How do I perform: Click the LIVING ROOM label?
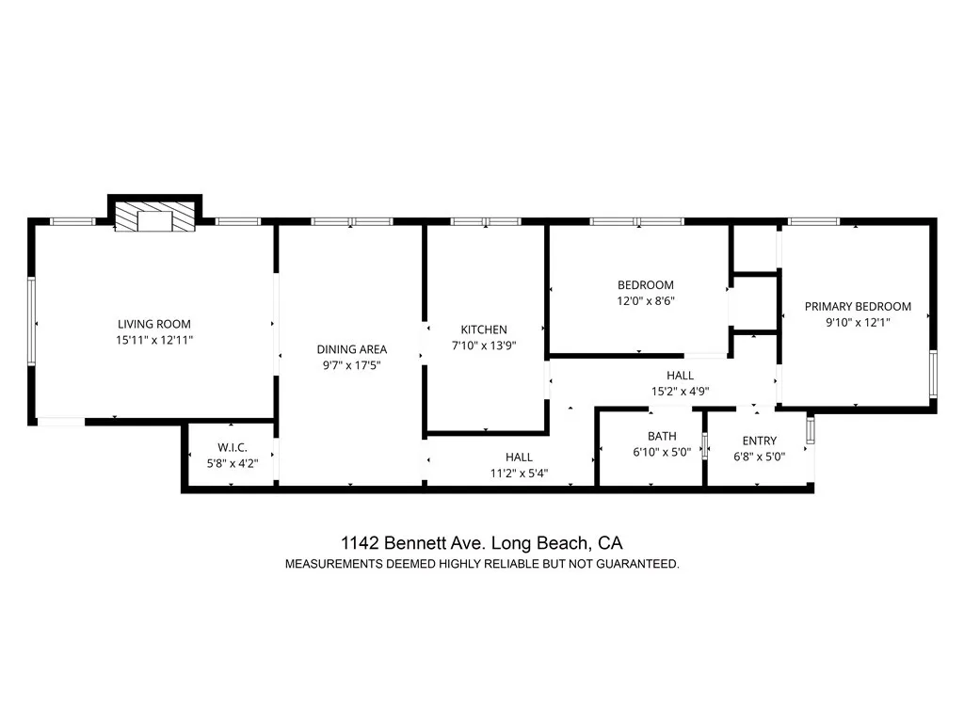click(155, 322)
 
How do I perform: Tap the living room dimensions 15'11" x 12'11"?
click(155, 339)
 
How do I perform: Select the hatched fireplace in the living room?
click(156, 220)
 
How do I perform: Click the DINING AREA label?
click(351, 349)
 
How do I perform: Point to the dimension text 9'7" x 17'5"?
click(351, 365)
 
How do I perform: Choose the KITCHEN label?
click(484, 329)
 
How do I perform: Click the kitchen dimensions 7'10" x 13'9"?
click(484, 345)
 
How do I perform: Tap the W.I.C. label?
click(232, 447)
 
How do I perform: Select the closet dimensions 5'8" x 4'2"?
click(232, 463)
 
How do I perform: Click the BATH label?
click(662, 436)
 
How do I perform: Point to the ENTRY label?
click(760, 441)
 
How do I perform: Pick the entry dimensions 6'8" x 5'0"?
click(760, 457)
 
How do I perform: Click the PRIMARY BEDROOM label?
click(858, 306)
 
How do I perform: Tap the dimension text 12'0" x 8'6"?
click(646, 301)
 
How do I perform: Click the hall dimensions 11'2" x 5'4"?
click(519, 473)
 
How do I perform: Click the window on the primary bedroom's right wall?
click(933, 374)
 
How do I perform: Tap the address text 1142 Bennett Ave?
click(413, 543)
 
